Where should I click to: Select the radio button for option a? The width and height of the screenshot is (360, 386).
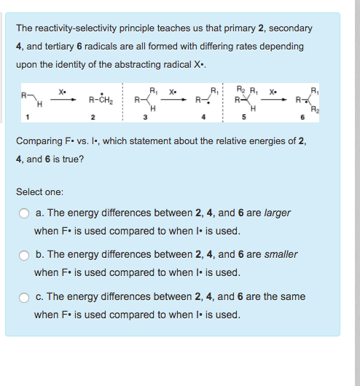[x=24, y=213]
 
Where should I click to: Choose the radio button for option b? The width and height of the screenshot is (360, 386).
[x=24, y=255]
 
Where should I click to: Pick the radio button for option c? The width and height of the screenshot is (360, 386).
[x=24, y=297]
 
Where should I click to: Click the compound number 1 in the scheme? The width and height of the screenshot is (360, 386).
[x=28, y=118]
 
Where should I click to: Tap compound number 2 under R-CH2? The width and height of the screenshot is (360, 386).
[x=93, y=118]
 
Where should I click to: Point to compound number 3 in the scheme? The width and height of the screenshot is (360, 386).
[x=145, y=118]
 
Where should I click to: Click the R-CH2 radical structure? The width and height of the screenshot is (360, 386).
[x=99, y=101]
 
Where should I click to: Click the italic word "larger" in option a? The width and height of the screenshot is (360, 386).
[x=278, y=213]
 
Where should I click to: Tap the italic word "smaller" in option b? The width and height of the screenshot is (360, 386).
[x=281, y=255]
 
